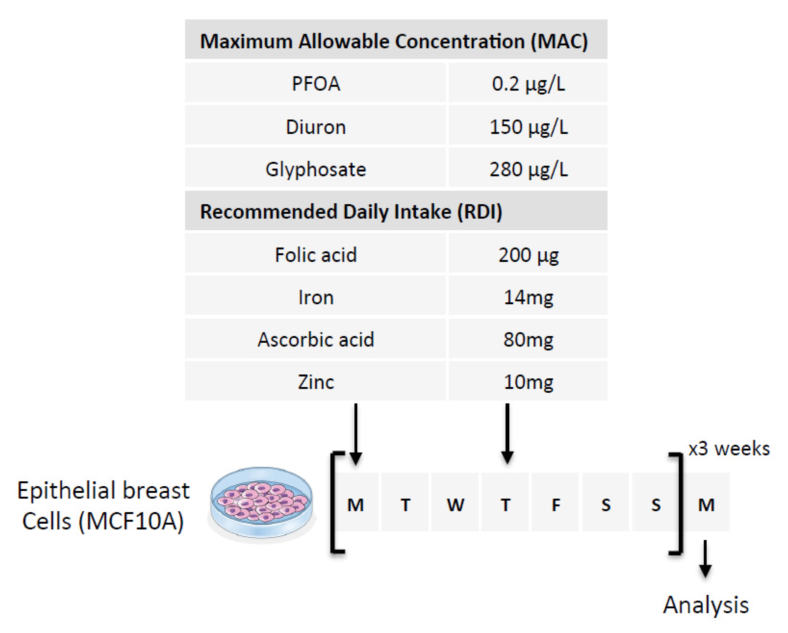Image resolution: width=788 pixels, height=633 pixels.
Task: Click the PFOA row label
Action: (316, 84)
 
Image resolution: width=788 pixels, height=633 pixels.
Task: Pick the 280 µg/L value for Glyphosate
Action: (528, 169)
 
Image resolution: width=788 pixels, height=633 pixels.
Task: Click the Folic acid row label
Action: (316, 255)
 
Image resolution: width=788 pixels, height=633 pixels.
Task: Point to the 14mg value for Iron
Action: (528, 297)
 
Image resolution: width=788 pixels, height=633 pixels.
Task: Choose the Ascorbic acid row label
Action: (316, 340)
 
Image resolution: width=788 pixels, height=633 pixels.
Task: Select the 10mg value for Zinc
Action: (528, 382)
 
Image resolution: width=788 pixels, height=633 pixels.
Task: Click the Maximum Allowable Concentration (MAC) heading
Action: (394, 41)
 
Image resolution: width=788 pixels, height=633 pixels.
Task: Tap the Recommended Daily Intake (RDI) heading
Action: (351, 212)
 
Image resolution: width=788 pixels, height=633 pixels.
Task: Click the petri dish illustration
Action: (262, 504)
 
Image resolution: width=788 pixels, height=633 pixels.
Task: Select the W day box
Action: (455, 502)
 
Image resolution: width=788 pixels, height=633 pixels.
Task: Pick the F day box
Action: (555, 502)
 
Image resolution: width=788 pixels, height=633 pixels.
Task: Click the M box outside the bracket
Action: (707, 502)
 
